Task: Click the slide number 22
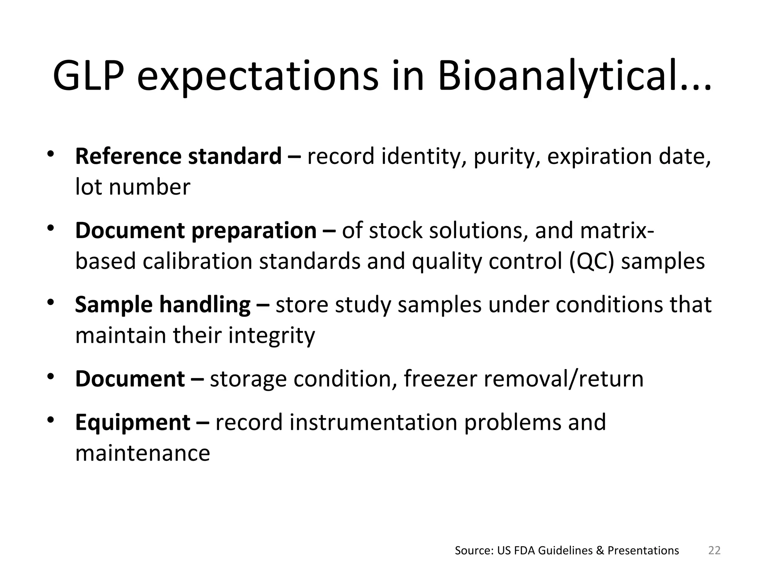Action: (x=715, y=550)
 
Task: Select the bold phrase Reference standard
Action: (x=178, y=156)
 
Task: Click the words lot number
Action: (x=133, y=187)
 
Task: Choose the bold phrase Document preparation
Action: (x=196, y=230)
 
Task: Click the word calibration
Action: (x=198, y=261)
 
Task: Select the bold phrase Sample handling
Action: (x=163, y=304)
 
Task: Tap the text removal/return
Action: (x=564, y=379)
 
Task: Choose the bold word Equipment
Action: (x=133, y=423)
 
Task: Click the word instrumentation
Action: (x=374, y=422)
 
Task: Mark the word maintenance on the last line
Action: (x=143, y=453)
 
